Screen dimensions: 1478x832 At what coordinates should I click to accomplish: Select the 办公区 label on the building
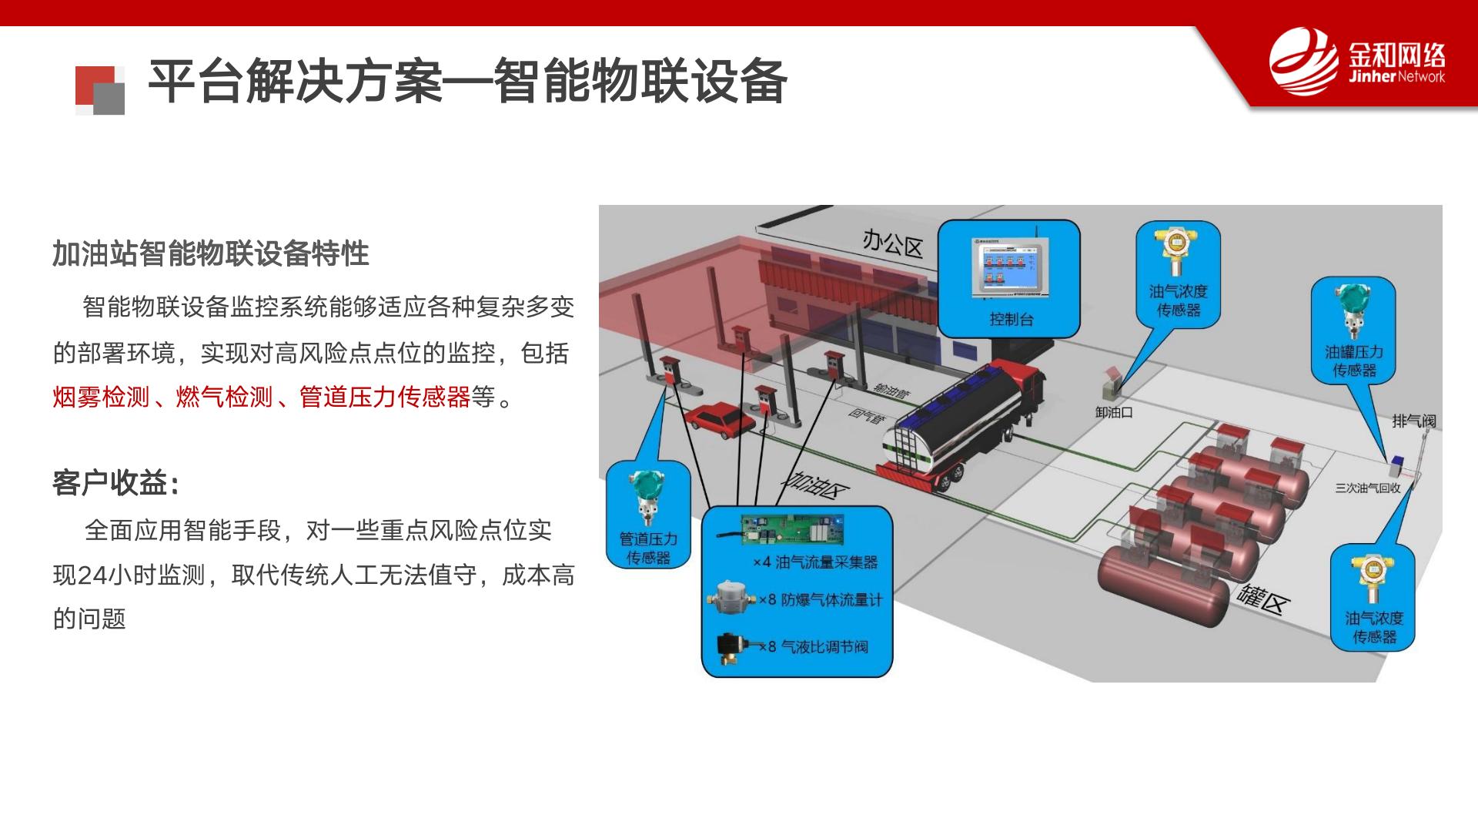(x=892, y=243)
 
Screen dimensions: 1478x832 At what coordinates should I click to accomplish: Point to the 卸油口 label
(x=1114, y=412)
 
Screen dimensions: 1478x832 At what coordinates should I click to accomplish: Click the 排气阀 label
(x=1414, y=421)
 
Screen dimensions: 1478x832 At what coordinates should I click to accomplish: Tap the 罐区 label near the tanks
(x=1262, y=599)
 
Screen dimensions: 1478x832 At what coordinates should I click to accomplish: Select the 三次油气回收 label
(x=1368, y=488)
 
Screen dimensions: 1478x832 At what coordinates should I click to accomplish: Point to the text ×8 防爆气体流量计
(x=821, y=599)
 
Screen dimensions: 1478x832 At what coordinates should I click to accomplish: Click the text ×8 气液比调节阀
(x=814, y=646)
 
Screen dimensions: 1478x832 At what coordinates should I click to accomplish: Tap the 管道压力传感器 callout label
(x=648, y=549)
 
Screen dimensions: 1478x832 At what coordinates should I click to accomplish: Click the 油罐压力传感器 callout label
(x=1354, y=361)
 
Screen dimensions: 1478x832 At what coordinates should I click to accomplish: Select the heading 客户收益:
(x=116, y=483)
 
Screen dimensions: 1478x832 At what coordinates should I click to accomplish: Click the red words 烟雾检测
(x=101, y=398)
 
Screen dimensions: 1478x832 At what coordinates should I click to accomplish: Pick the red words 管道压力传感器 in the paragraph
(x=385, y=398)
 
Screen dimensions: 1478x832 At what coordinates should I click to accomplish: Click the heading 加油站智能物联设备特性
(x=211, y=253)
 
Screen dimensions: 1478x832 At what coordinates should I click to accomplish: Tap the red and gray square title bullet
(x=100, y=90)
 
